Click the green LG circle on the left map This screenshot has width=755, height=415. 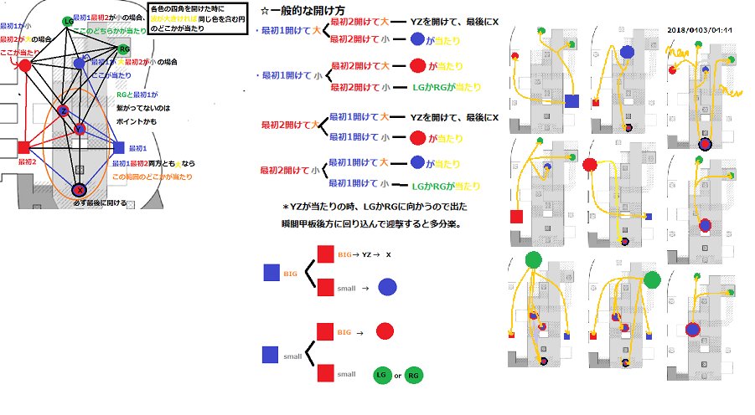tap(66, 21)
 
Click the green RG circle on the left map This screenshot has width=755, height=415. tap(124, 49)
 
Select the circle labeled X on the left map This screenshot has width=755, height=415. tap(79, 191)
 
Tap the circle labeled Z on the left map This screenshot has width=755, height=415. tap(64, 111)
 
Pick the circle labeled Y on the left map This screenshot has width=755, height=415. tap(80, 129)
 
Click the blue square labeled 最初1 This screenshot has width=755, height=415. tap(118, 148)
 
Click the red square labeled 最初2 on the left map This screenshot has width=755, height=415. tap(23, 148)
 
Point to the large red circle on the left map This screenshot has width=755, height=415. tap(25, 64)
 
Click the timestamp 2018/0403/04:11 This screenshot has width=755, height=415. tap(699, 29)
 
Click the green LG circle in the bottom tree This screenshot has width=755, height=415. tap(382, 377)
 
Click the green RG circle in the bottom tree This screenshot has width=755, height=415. tap(413, 377)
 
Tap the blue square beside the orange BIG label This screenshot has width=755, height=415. tap(271, 272)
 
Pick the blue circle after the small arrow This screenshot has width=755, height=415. tap(388, 288)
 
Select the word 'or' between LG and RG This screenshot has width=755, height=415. tap(397, 377)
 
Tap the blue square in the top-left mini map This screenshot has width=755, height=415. tap(572, 101)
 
